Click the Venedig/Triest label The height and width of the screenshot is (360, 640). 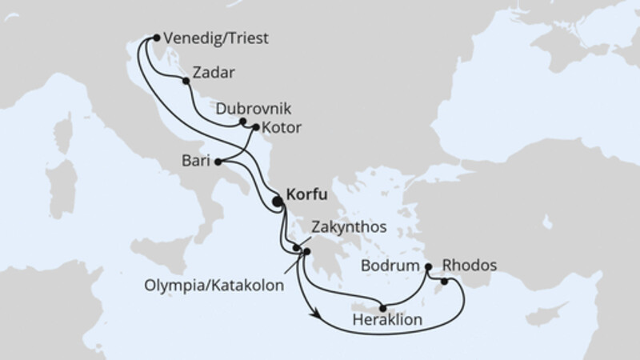(214, 38)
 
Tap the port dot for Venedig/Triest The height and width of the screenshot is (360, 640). (156, 37)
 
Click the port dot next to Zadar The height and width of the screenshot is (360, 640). (186, 81)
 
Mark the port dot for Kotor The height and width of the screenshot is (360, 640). (256, 126)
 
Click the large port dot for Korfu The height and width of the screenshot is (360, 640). (278, 202)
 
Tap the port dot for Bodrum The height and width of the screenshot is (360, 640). (429, 266)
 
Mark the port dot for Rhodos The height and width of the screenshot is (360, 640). (444, 281)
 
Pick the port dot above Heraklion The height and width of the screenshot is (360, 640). (383, 308)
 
